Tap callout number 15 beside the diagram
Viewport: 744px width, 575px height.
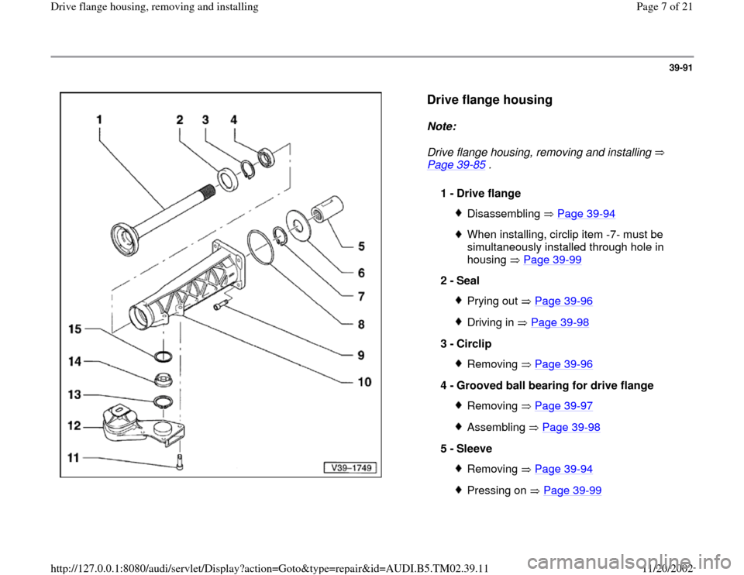[74, 329]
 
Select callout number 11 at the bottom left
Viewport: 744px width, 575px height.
[73, 458]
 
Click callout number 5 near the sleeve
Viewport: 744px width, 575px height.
[363, 247]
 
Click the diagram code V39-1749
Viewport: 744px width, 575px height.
[350, 467]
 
